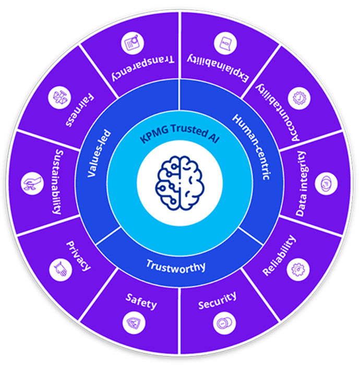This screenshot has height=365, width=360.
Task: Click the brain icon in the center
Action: pyautogui.click(x=180, y=183)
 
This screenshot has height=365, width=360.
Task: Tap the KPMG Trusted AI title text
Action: pyautogui.click(x=179, y=133)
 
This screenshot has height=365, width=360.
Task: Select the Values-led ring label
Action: pyautogui.click(x=99, y=153)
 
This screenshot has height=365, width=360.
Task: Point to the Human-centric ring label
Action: pyautogui.click(x=252, y=147)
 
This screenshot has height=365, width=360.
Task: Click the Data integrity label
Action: pyautogui.click(x=301, y=184)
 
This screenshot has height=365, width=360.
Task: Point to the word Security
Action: pyautogui.click(x=217, y=300)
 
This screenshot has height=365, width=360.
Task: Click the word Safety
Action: pyautogui.click(x=141, y=301)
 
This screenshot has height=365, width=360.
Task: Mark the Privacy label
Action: pyautogui.click(x=78, y=256)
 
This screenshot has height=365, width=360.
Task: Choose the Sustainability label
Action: pyautogui.click(x=57, y=182)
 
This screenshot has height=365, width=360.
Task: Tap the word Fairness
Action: pyautogui.click(x=80, y=110)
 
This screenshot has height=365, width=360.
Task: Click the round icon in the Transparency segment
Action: pyautogui.click(x=133, y=43)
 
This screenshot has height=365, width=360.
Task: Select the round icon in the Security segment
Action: pyautogui.click(x=224, y=323)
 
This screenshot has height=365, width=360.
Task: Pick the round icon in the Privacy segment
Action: pyautogui.click(x=61, y=270)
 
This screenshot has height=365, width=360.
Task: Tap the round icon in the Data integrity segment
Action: pyautogui.click(x=326, y=184)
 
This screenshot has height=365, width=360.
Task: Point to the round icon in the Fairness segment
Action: pyautogui.click(x=59, y=98)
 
